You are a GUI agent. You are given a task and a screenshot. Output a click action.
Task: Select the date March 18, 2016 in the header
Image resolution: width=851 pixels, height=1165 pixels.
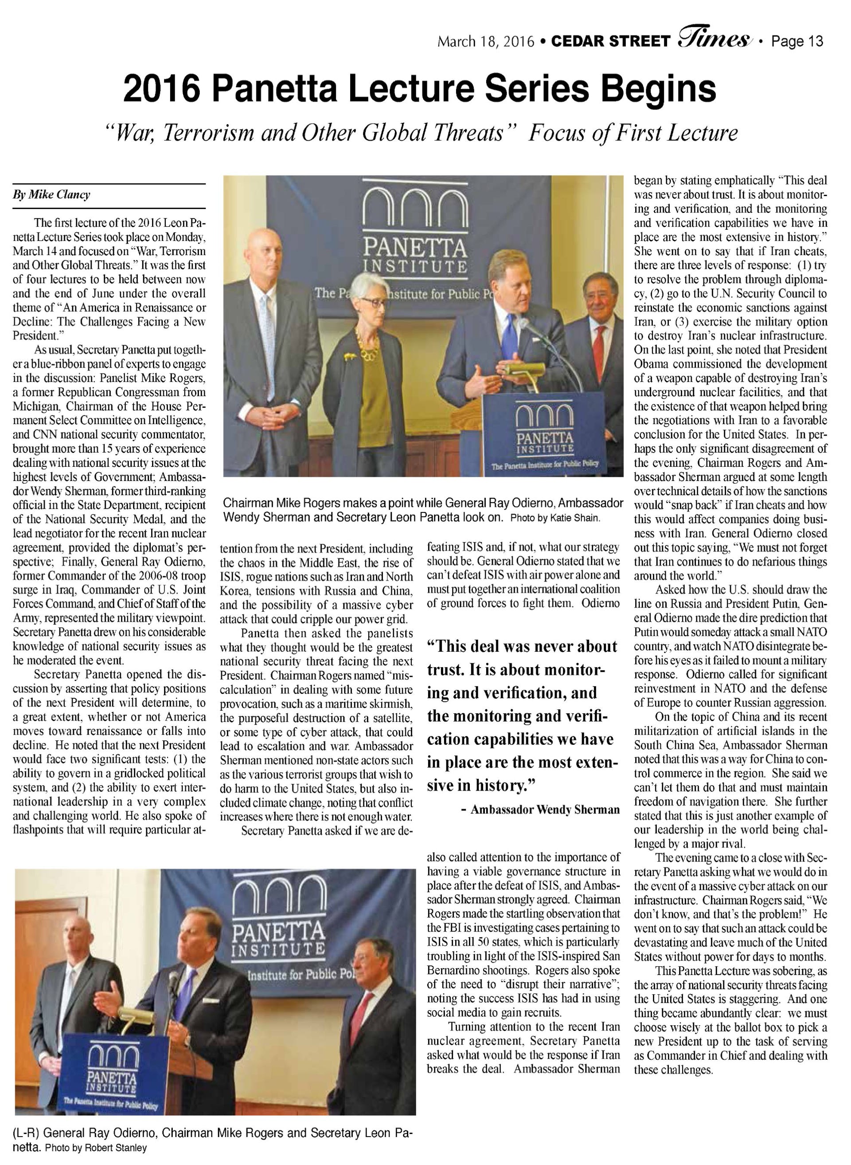[486, 41]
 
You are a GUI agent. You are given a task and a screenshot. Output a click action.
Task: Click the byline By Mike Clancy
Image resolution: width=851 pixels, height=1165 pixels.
[51, 195]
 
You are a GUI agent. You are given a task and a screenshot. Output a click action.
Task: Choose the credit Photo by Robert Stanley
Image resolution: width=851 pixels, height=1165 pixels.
[96, 1148]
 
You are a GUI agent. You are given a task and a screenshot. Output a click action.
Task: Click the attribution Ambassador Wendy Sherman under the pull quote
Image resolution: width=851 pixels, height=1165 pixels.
[545, 809]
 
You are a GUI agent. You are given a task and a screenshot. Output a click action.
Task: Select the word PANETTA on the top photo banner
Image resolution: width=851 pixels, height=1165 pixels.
[415, 248]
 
